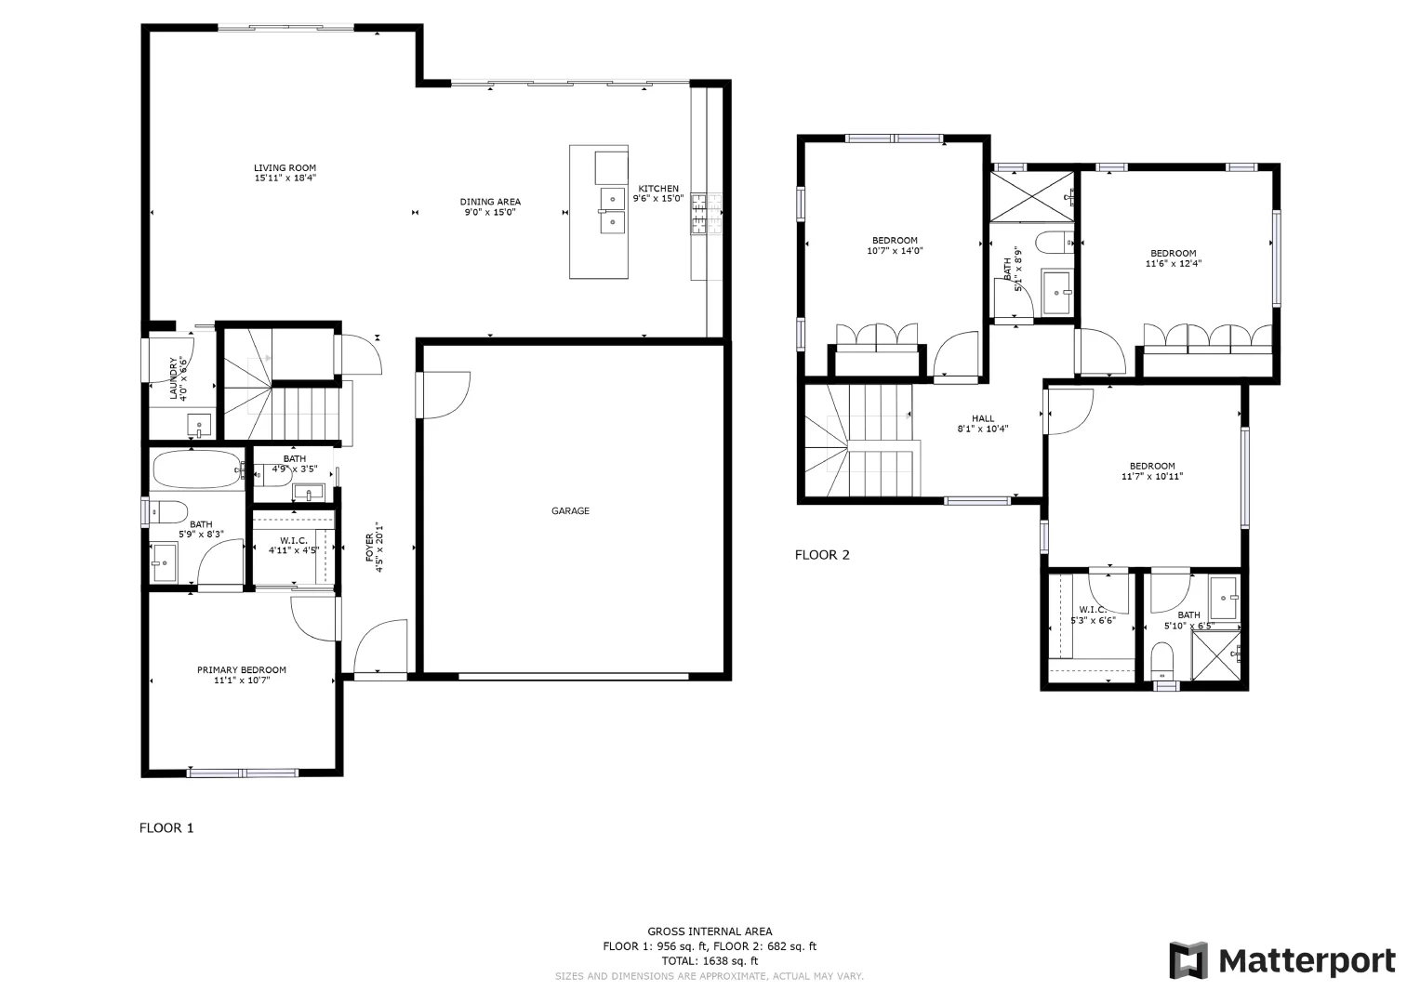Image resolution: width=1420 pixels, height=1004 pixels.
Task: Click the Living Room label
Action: pyautogui.click(x=285, y=168)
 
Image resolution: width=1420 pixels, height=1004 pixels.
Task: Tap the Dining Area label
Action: pyautogui.click(x=490, y=202)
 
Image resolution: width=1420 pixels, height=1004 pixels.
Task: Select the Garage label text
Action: pyautogui.click(x=570, y=510)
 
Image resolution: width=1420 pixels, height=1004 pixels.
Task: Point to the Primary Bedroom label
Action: pyautogui.click(x=241, y=670)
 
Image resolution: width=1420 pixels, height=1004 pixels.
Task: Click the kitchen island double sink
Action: pyautogui.click(x=612, y=211)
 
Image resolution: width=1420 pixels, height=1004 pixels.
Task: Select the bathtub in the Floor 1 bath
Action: pyautogui.click(x=196, y=469)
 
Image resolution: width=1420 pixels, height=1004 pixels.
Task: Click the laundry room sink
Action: pyautogui.click(x=200, y=426)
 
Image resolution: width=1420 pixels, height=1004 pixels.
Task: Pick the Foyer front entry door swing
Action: pyautogui.click(x=379, y=647)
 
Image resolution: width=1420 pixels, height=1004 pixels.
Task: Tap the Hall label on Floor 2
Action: pyautogui.click(x=982, y=419)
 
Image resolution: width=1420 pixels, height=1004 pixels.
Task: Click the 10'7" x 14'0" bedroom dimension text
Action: pyautogui.click(x=894, y=251)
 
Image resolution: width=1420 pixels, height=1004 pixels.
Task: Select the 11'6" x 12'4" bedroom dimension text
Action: pyautogui.click(x=1173, y=264)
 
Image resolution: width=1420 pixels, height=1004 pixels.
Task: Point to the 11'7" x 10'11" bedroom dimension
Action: pyautogui.click(x=1152, y=477)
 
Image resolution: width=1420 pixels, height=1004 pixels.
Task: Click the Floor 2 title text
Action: pyautogui.click(x=821, y=555)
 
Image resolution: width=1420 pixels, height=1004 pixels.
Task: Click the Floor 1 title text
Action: pyautogui.click(x=166, y=827)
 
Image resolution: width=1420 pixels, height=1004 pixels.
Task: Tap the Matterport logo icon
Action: pyautogui.click(x=1188, y=960)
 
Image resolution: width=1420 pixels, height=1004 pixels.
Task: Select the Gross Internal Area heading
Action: pyautogui.click(x=709, y=931)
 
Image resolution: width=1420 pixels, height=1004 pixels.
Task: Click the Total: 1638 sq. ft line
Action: pyautogui.click(x=709, y=961)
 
